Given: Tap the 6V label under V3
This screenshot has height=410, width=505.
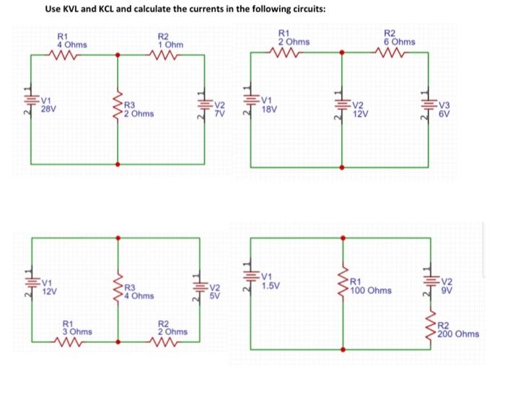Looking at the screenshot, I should tap(445, 114).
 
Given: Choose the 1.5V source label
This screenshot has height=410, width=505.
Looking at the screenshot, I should tap(271, 285).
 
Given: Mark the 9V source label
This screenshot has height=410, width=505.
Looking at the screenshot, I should tap(447, 290).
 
